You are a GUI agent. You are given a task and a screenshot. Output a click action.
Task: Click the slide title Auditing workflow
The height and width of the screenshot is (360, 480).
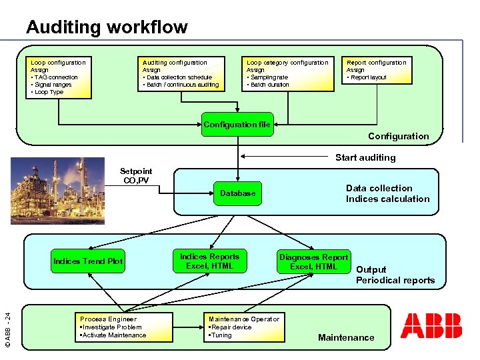coord(107,27)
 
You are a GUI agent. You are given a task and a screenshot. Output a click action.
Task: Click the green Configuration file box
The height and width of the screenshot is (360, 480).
coord(237,125)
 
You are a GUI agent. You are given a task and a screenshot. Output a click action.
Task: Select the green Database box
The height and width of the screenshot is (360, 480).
coord(237,193)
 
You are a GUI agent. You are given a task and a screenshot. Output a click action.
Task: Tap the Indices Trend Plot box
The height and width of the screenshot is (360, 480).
coord(88,261)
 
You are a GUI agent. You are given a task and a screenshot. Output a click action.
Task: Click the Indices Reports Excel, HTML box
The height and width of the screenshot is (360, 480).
coord(209,261)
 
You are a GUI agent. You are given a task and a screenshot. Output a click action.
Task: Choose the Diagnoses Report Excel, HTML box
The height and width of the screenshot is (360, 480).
coord(313,262)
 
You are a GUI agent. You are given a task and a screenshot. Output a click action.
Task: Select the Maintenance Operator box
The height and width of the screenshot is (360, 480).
coord(244,327)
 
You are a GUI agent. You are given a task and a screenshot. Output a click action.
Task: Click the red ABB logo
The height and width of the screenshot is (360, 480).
coord(431,325)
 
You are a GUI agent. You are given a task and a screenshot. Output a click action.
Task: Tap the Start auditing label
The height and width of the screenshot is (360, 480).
coord(365,158)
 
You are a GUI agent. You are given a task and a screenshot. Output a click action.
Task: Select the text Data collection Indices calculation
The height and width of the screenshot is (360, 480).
coord(387,193)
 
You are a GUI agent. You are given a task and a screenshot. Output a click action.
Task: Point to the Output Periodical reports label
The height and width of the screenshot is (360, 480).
coord(395,275)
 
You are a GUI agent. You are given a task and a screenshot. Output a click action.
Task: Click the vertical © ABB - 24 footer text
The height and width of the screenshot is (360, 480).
coord(7,321)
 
